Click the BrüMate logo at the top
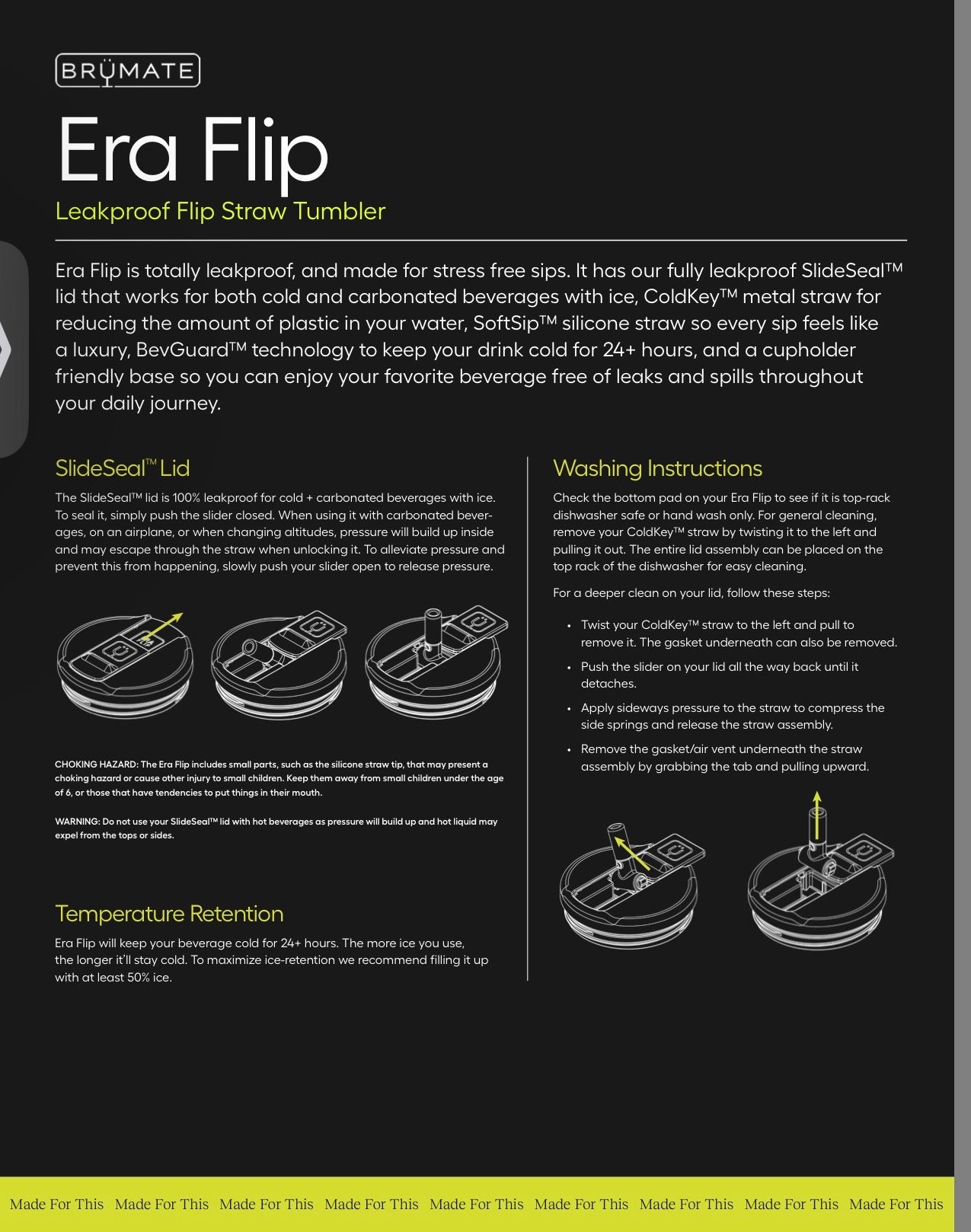coord(128,70)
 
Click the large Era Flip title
coord(193,153)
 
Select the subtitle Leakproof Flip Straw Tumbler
coord(220,211)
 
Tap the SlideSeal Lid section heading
coord(123,468)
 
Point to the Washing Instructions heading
coord(657,468)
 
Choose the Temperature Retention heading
coord(170,914)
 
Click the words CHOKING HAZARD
coord(96,764)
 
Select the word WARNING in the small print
coord(77,822)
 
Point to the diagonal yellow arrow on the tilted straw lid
coord(632,854)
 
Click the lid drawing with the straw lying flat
coord(279,664)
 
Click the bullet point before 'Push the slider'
coord(569,668)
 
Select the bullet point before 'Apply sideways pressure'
coord(569,709)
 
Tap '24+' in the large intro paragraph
coord(618,349)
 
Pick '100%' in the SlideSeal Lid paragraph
coord(187,497)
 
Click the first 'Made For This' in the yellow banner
coord(56,1204)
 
